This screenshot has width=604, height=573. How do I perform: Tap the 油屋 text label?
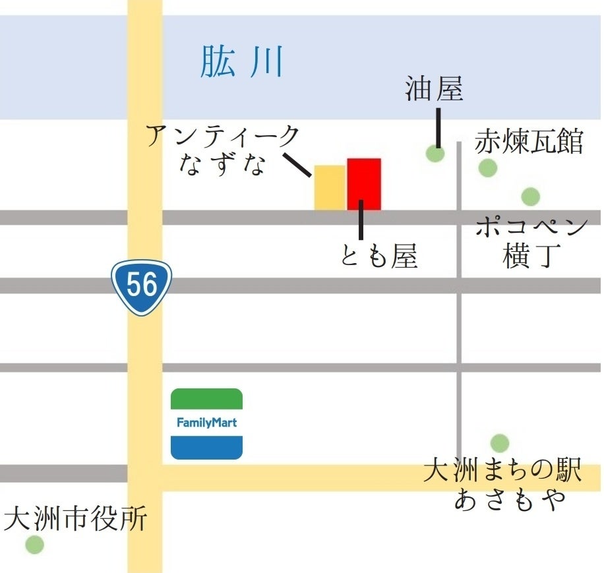click(434, 90)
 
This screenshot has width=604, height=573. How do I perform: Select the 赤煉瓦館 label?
click(529, 142)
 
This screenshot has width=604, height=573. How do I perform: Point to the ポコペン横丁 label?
click(531, 242)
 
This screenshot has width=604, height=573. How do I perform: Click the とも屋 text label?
click(379, 256)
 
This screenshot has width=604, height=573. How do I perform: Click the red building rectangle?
click(364, 184)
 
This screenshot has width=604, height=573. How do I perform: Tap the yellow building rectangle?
click(330, 188)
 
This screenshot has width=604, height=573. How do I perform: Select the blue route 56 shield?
click(141, 286)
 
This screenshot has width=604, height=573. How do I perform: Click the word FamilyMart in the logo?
click(206, 423)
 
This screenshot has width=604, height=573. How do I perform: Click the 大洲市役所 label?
click(75, 520)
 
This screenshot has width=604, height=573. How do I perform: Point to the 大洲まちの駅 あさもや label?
click(502, 485)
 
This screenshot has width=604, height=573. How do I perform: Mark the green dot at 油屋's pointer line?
click(435, 154)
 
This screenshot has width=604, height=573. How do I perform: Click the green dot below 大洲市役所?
click(34, 545)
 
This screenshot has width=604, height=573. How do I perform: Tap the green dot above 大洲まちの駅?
click(499, 442)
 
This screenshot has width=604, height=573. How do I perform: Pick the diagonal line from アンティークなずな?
click(297, 165)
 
